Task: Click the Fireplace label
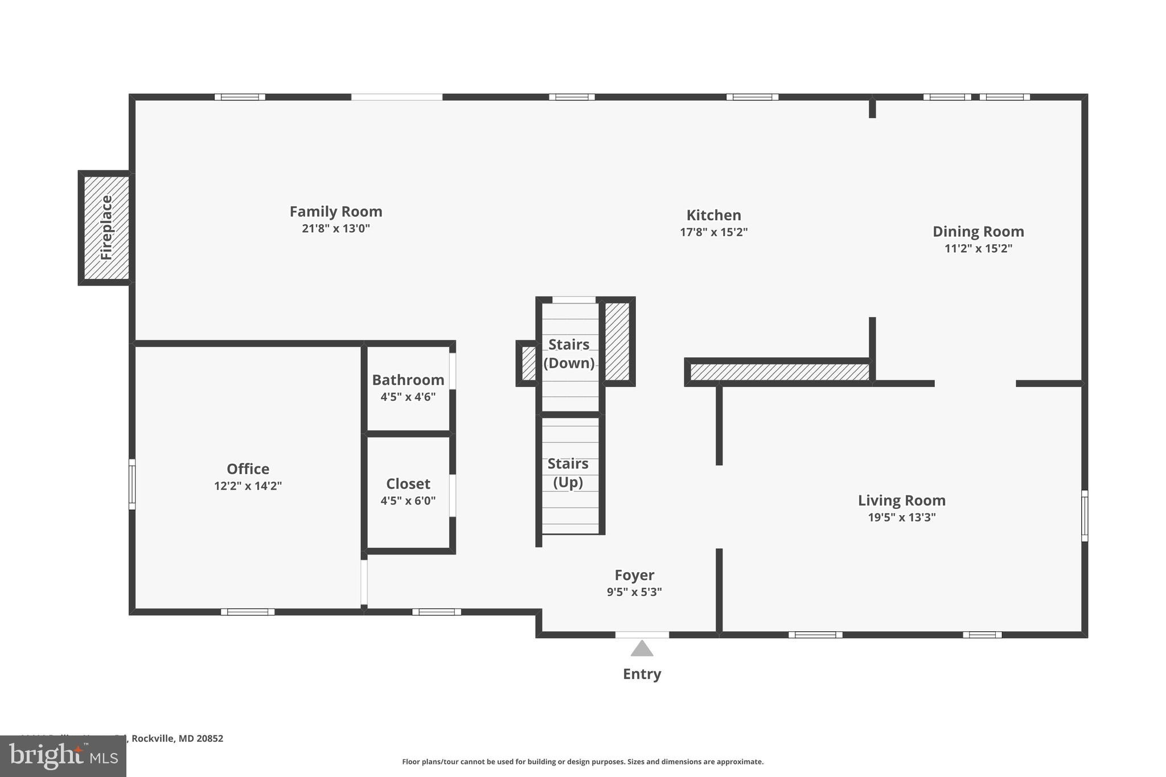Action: [x=106, y=228]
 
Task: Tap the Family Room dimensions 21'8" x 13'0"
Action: [x=336, y=229]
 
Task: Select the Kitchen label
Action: [x=713, y=215]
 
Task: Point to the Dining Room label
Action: [x=978, y=232]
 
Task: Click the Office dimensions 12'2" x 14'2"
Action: [x=248, y=486]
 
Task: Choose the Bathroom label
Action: [x=408, y=380]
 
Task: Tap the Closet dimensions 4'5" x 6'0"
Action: [x=408, y=501]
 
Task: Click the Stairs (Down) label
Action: [x=569, y=353]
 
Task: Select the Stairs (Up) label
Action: [x=568, y=473]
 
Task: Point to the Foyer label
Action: [x=634, y=575]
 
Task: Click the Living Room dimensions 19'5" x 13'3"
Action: [x=902, y=517]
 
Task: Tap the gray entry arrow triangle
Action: [x=642, y=649]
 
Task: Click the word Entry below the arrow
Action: [x=642, y=674]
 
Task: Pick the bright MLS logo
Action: [x=63, y=756]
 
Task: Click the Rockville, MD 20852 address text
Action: [x=177, y=739]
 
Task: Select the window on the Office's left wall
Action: [x=132, y=484]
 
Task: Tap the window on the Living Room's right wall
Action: [x=1085, y=516]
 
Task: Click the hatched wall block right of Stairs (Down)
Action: [x=617, y=342]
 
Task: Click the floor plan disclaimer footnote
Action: [x=582, y=762]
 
